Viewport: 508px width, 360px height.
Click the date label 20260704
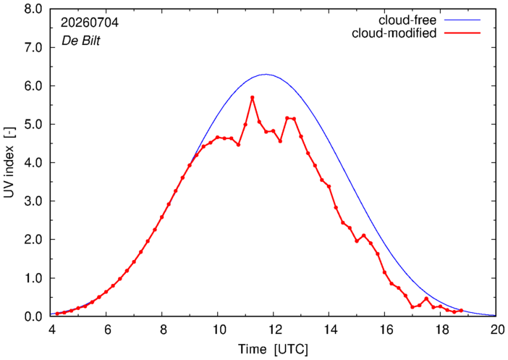click(90, 22)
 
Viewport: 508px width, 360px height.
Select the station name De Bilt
click(80, 41)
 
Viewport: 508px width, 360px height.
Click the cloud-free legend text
click(407, 20)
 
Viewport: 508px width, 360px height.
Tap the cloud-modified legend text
click(394, 33)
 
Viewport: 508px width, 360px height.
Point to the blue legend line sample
click(462, 20)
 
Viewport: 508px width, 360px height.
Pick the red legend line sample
click(462, 33)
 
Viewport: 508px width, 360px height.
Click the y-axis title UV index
click(9, 172)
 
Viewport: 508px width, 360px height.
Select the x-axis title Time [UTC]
click(273, 350)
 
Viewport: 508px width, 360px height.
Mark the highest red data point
click(252, 97)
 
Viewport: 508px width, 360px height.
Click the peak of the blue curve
click(266, 75)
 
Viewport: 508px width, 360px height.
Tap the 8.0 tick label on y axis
click(33, 9)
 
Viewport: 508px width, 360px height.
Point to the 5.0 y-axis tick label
click(33, 124)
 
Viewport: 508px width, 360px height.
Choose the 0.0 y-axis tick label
click(33, 317)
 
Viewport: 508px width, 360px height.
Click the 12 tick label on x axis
click(273, 330)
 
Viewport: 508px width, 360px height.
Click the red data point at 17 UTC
click(412, 307)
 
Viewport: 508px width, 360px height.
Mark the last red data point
click(461, 310)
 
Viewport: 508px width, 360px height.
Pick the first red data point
click(57, 314)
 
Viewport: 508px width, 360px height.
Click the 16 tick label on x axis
click(385, 330)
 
